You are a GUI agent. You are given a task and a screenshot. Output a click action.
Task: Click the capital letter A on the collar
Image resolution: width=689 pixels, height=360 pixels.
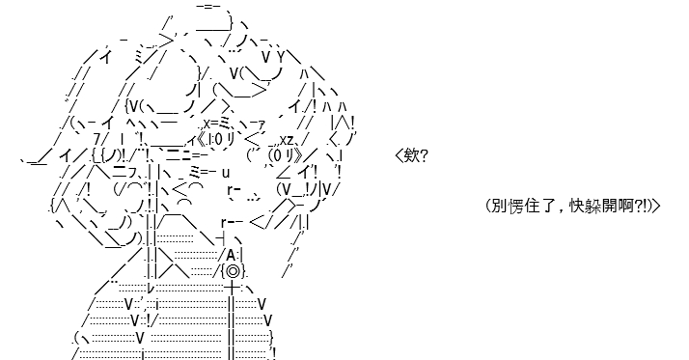point(232,255)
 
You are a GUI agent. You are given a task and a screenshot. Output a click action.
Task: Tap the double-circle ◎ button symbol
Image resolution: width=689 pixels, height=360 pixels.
point(233,271)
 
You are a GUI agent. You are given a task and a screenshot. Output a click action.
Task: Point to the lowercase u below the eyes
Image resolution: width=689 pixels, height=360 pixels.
point(226,173)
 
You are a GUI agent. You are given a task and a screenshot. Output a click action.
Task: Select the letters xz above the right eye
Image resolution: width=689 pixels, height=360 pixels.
point(287,140)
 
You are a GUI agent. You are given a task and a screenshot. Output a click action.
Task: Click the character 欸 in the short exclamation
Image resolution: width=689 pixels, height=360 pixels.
point(411,155)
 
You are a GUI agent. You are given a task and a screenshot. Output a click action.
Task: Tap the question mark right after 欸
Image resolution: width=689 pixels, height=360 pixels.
point(424,155)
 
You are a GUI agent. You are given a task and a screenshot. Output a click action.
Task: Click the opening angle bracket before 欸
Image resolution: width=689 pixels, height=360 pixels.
point(400,155)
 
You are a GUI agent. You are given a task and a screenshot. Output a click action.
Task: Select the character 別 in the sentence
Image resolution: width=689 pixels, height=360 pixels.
point(499,206)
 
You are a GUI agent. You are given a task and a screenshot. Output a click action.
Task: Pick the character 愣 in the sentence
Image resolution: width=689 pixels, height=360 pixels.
point(516,206)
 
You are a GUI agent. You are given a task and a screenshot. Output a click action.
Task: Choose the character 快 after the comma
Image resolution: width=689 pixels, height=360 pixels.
point(577,206)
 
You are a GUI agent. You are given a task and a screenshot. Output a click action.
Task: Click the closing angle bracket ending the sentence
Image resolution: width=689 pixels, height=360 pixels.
point(656,206)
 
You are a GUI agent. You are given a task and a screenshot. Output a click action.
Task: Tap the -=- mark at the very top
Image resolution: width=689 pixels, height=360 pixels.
point(208,6)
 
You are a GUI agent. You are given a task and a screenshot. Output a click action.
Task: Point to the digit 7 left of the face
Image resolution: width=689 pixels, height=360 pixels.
point(97,139)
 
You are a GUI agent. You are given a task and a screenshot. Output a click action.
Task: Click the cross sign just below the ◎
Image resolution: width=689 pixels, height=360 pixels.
point(232,288)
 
